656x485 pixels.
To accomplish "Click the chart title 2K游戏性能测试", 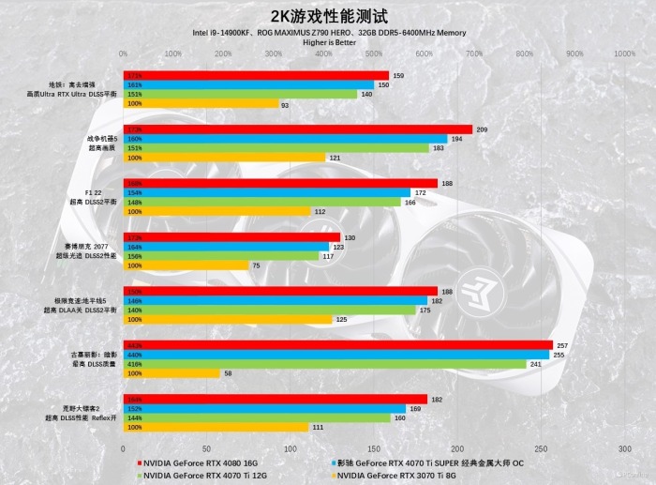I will (328, 16).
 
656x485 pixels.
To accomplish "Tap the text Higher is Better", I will (328, 42).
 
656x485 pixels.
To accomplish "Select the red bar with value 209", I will (298, 129).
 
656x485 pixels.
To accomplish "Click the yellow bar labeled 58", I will (171, 373).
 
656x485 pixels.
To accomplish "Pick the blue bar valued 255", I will (336, 355).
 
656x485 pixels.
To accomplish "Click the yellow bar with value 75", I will (186, 265).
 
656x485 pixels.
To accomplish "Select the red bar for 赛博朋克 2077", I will (231, 237).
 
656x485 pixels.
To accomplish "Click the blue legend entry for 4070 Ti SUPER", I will (437, 462).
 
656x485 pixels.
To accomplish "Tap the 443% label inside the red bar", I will (134, 345).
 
